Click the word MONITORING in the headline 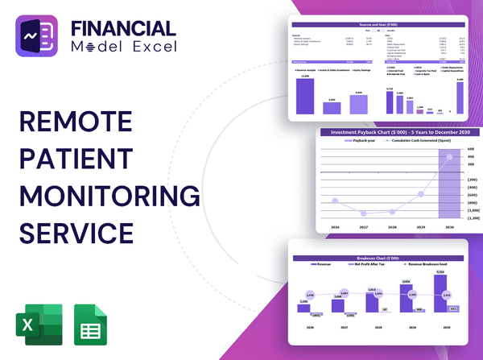coord(108,196)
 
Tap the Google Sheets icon coord(89,326)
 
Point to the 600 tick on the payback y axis coord(471,149)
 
